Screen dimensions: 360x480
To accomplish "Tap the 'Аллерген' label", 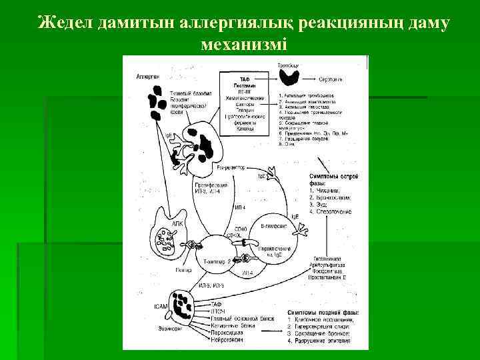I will (147, 77).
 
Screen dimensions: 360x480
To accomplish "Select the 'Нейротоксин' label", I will (227, 341).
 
